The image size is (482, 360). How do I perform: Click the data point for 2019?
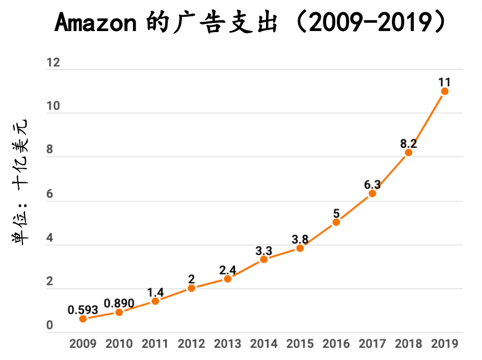(444, 91)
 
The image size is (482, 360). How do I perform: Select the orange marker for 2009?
(83, 319)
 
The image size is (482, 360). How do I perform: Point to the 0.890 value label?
(119, 303)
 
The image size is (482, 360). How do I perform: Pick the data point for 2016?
(336, 222)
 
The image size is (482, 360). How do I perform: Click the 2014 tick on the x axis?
(264, 344)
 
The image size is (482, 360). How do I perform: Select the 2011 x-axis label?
(155, 344)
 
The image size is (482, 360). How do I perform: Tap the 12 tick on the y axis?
(53, 63)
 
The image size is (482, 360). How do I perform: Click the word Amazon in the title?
(95, 23)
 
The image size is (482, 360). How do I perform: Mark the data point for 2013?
(228, 279)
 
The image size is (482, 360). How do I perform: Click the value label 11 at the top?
(444, 82)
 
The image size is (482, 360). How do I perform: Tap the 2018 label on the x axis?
(409, 344)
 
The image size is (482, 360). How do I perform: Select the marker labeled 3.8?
(300, 248)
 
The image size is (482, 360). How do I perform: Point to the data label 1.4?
(155, 292)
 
